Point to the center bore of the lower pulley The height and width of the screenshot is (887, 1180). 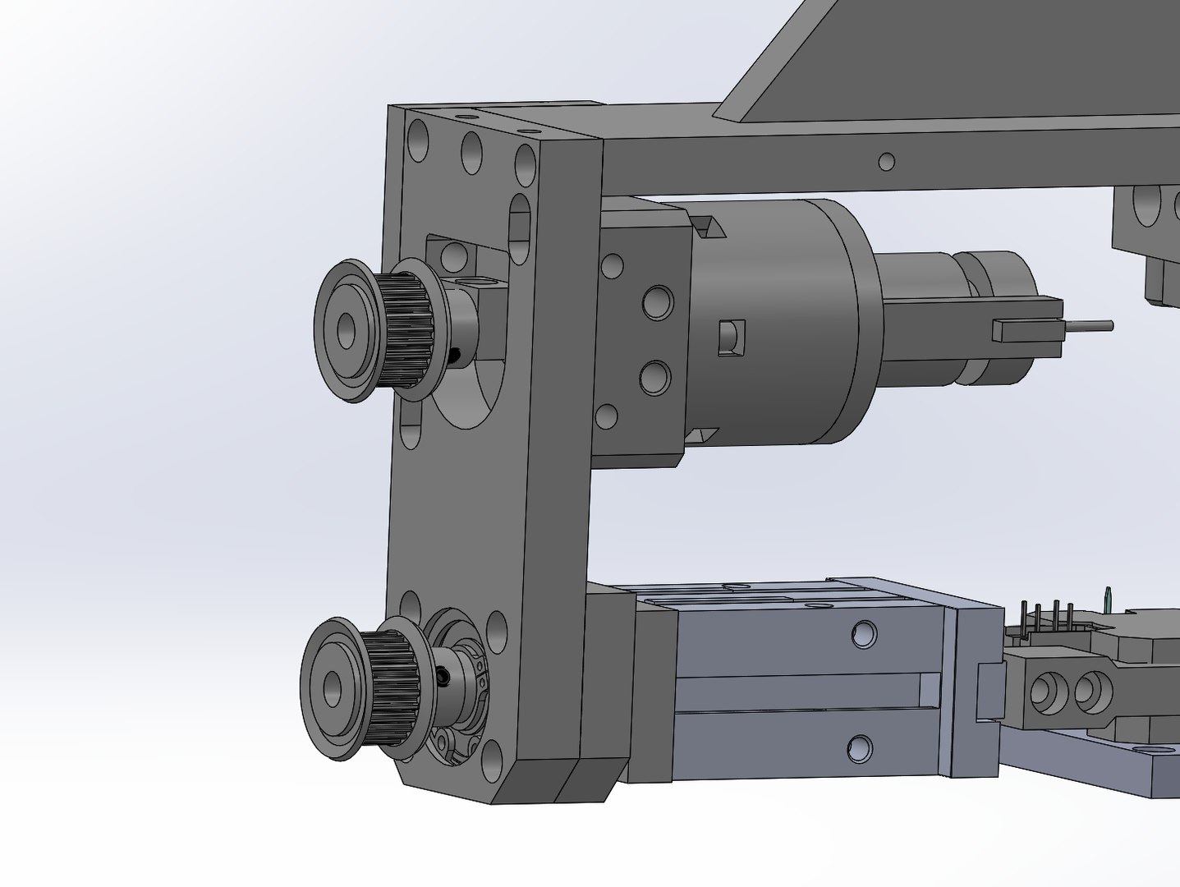coord(333,683)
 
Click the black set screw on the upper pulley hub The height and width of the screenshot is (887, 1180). coord(455,355)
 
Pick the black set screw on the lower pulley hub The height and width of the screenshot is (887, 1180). coord(444,677)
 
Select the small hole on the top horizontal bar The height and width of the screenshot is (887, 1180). coord(885,161)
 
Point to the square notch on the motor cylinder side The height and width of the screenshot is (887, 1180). coord(730,338)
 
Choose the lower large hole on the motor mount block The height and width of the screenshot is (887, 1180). coord(654,377)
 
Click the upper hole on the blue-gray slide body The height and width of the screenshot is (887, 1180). coord(863,633)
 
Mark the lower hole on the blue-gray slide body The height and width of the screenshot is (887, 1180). coord(860,747)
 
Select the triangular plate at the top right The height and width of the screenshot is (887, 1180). coord(944,57)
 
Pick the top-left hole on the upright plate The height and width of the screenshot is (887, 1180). coord(418,140)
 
